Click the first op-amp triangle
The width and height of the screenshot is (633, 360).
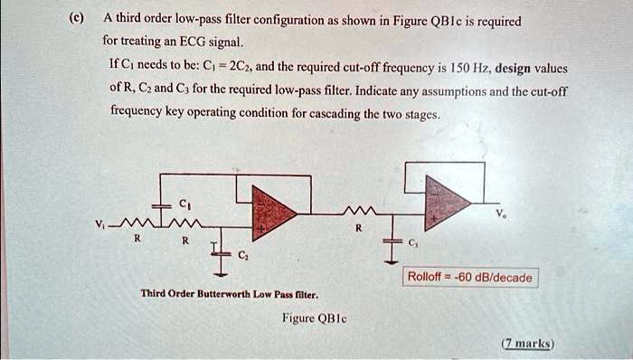(x=271, y=212)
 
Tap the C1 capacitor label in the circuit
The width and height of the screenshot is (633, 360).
(x=184, y=201)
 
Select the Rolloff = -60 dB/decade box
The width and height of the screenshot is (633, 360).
(x=471, y=278)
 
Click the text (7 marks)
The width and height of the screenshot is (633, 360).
(x=530, y=344)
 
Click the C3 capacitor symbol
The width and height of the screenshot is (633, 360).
(x=391, y=242)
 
